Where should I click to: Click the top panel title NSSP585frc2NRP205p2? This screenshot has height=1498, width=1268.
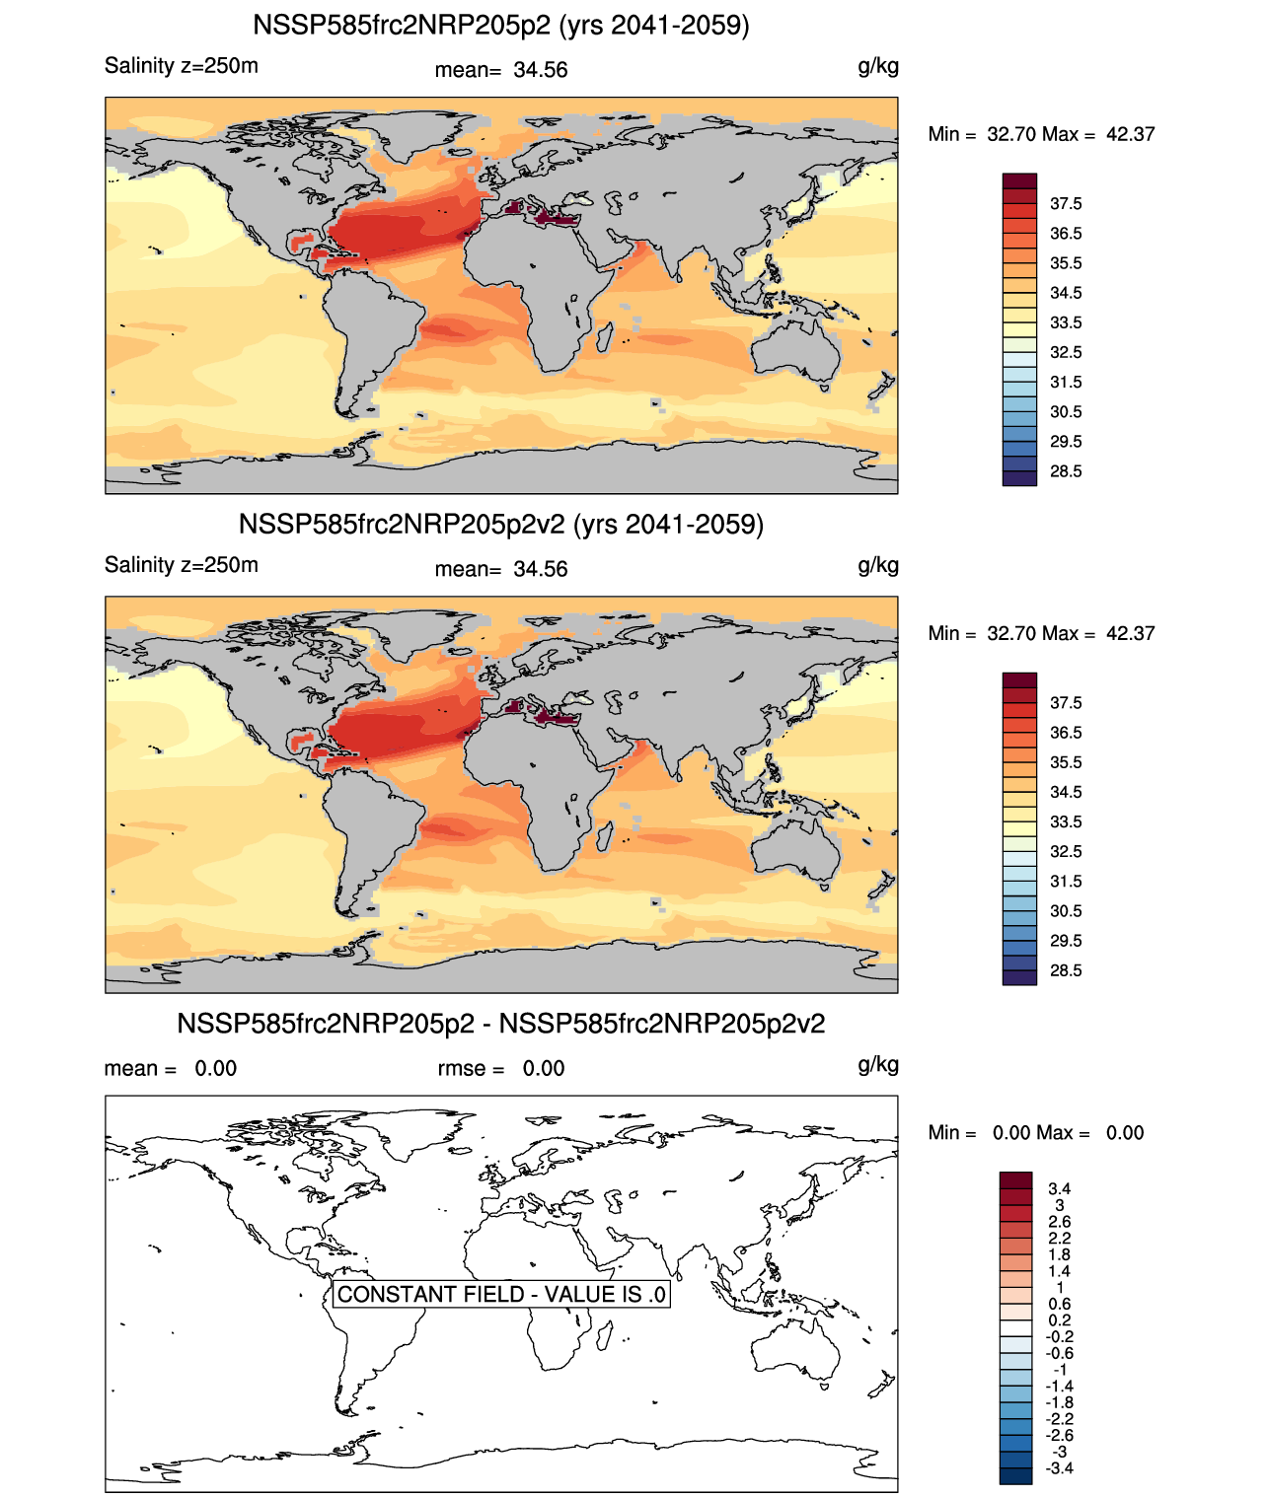tap(500, 25)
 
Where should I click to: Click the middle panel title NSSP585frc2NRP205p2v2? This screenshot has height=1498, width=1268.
tap(500, 524)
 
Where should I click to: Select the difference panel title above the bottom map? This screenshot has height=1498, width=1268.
tap(500, 1024)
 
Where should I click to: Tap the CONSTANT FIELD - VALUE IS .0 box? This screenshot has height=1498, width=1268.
tap(501, 1294)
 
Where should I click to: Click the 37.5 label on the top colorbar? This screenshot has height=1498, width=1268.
tap(1066, 204)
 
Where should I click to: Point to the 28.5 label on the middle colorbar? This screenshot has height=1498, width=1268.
tap(1066, 970)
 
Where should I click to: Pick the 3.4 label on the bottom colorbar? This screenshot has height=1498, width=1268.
tap(1059, 1188)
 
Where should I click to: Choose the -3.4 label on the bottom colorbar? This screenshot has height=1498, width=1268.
tap(1059, 1468)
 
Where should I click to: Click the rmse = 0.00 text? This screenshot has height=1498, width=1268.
tap(500, 1069)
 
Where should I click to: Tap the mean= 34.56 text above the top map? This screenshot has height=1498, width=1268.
tap(500, 70)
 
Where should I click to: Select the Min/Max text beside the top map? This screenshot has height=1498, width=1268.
tap(1041, 135)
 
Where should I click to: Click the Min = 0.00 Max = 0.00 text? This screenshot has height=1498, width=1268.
tap(1035, 1133)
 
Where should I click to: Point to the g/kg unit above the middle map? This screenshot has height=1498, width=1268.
tap(877, 565)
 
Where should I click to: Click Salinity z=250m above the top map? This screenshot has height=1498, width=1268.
tap(182, 66)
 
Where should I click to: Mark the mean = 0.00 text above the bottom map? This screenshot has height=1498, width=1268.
tap(170, 1069)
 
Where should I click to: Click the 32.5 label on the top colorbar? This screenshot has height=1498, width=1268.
tap(1066, 352)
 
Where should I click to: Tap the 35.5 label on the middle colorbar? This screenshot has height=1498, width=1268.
tap(1066, 762)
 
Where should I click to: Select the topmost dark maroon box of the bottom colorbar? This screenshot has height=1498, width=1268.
tap(1015, 1180)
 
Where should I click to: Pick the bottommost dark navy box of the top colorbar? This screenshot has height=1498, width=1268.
tap(1019, 478)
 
